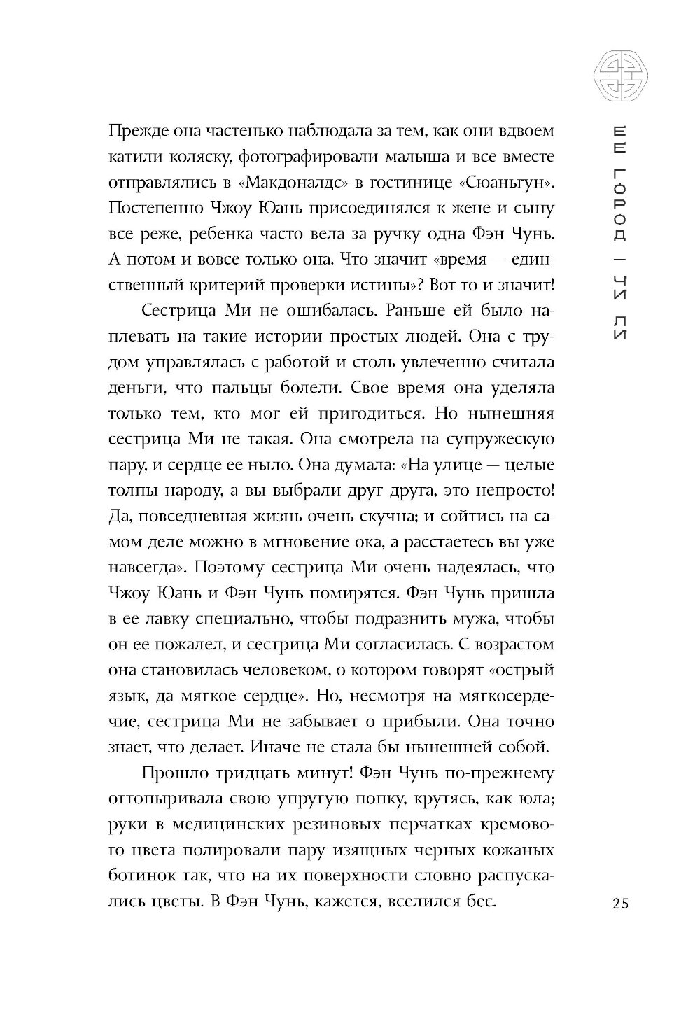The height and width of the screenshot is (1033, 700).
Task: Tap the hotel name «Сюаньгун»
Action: [x=506, y=183]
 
